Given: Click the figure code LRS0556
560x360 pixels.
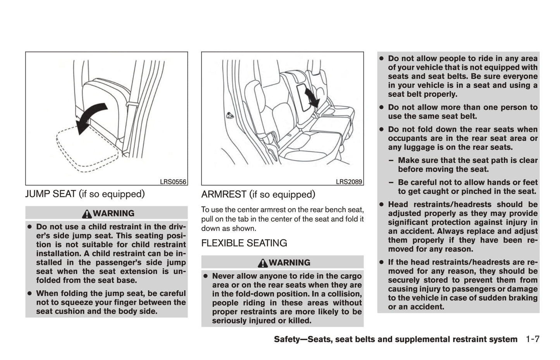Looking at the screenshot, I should pyautogui.click(x=173, y=182).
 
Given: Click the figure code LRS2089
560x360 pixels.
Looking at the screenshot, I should pyautogui.click(x=349, y=182).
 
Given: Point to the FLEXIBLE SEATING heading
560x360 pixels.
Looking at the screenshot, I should pyautogui.click(x=244, y=243).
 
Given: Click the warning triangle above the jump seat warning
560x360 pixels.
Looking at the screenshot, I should pyautogui.click(x=87, y=214).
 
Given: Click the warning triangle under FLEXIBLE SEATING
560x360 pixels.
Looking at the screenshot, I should pyautogui.click(x=263, y=263).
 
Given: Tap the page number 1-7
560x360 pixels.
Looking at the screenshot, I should pyautogui.click(x=532, y=339).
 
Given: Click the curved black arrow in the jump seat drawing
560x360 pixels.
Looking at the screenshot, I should pyautogui.click(x=91, y=117).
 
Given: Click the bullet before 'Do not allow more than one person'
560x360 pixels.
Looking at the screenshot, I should pyautogui.click(x=381, y=107).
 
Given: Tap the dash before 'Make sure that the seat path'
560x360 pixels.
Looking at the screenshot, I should pyautogui.click(x=391, y=160).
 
